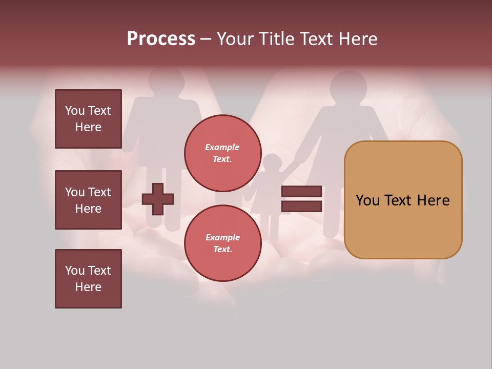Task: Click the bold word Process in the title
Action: tap(161, 39)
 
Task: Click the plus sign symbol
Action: tap(158, 199)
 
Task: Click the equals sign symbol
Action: tap(301, 199)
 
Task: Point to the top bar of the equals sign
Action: tap(301, 191)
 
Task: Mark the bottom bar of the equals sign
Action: tap(301, 207)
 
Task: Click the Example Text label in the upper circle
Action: tap(222, 153)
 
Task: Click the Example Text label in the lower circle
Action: tap(222, 243)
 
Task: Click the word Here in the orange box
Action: tap(433, 200)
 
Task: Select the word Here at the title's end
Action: tap(357, 39)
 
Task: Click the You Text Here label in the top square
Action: tap(88, 119)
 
